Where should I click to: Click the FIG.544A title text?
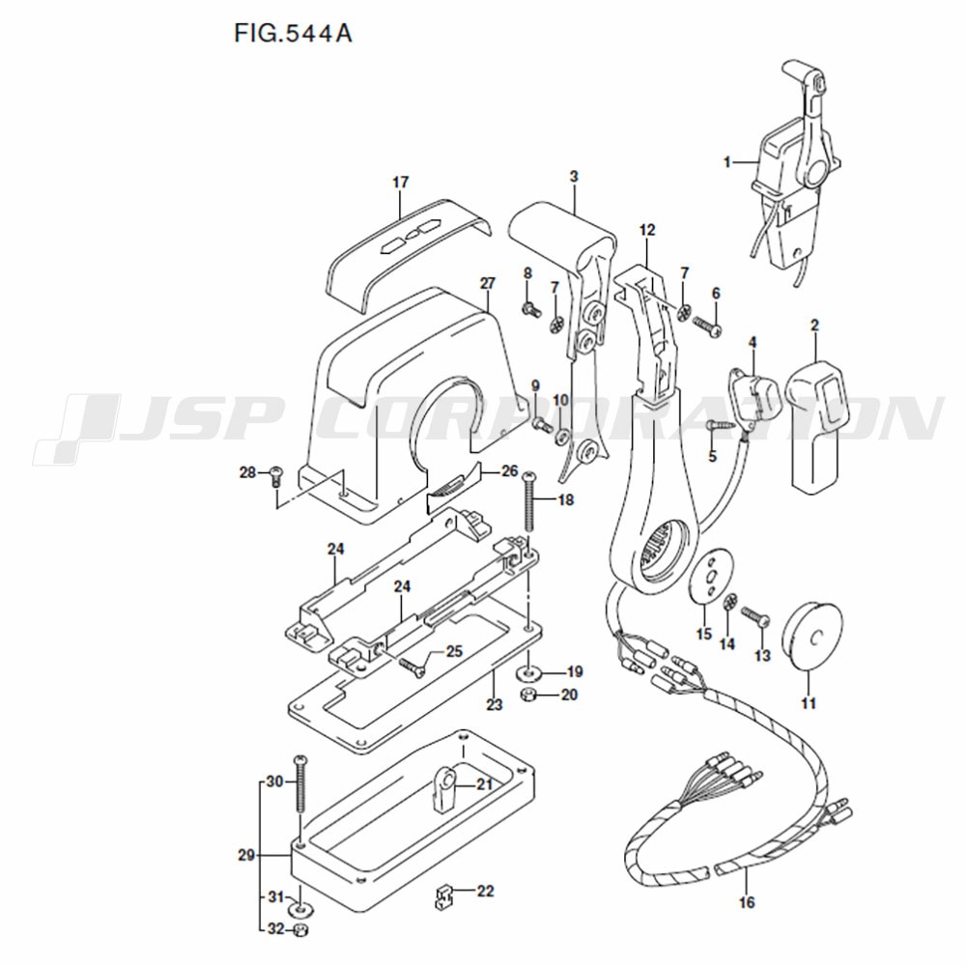pyautogui.click(x=294, y=33)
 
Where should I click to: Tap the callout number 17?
pyautogui.click(x=401, y=183)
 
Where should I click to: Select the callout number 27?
pyautogui.click(x=487, y=283)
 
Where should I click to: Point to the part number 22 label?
pyautogui.click(x=486, y=891)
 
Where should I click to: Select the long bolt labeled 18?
pyautogui.click(x=528, y=501)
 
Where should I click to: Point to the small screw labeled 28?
pyautogui.click(x=276, y=477)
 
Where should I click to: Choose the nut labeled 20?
pyautogui.click(x=527, y=695)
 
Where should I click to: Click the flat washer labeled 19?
pyautogui.click(x=528, y=672)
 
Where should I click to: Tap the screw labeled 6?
pyautogui.click(x=708, y=326)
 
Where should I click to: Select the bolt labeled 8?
pyautogui.click(x=530, y=309)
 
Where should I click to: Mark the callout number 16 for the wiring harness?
pyautogui.click(x=746, y=902)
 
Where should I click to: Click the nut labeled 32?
pyautogui.click(x=300, y=930)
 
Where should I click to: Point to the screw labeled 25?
pyautogui.click(x=412, y=668)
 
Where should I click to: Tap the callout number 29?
pyautogui.click(x=246, y=855)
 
